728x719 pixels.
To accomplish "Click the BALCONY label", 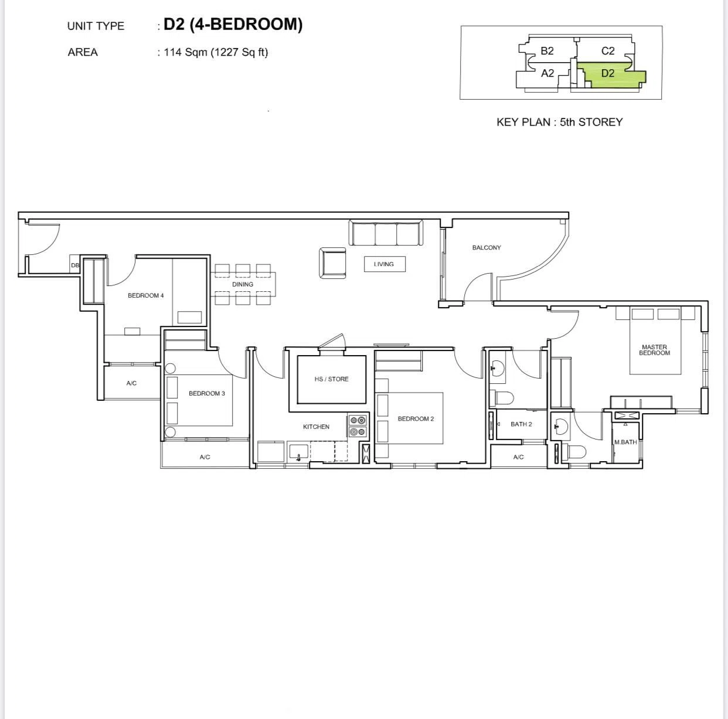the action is click(487, 247).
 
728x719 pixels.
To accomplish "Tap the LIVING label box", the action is click(385, 264).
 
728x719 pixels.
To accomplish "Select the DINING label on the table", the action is click(243, 284).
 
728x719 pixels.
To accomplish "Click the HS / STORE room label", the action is click(331, 379).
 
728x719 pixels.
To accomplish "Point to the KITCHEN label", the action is click(316, 427).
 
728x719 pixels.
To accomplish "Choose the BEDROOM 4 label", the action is click(145, 295).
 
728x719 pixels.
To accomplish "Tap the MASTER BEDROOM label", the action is click(654, 350).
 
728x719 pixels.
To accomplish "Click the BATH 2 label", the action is click(521, 424).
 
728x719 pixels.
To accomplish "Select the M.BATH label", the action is click(625, 442).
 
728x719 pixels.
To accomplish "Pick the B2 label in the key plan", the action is click(547, 50).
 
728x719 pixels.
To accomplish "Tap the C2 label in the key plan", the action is click(607, 50).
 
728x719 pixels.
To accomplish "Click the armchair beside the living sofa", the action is click(332, 263).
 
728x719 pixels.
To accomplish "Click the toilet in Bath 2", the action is click(501, 398).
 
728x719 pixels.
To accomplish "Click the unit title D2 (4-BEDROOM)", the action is click(233, 25).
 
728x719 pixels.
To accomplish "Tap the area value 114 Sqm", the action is click(185, 52).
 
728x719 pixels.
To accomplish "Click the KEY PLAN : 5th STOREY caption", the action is click(560, 122).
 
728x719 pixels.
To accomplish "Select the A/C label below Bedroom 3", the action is click(205, 457).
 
